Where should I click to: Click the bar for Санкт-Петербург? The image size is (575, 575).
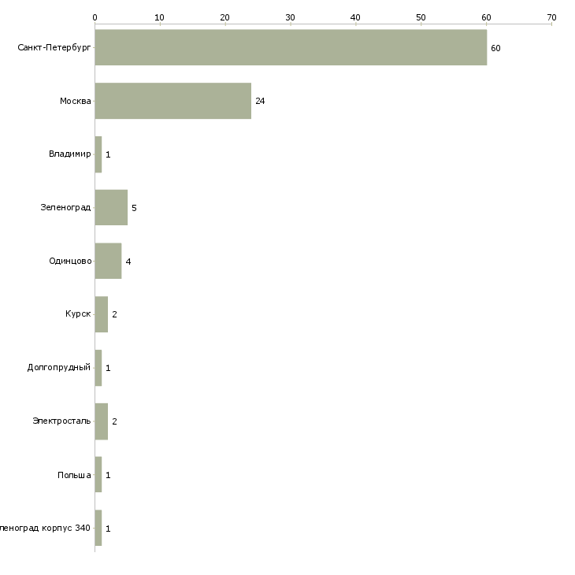(x=291, y=47)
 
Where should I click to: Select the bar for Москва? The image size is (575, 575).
(x=173, y=101)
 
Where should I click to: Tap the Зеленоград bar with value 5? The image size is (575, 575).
(x=111, y=208)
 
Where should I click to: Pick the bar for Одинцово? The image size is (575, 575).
(x=108, y=261)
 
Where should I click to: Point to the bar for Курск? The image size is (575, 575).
(x=102, y=314)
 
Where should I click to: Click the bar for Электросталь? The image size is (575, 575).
(x=102, y=421)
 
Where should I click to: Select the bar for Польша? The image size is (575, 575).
(x=98, y=474)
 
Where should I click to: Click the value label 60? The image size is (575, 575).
(x=495, y=48)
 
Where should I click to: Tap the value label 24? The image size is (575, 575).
(x=260, y=102)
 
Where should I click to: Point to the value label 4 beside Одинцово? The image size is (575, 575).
(x=128, y=262)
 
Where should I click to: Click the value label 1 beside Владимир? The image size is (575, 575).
(x=108, y=155)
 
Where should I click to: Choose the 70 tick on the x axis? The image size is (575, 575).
(x=551, y=17)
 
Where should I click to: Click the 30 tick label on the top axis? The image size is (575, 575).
(x=291, y=17)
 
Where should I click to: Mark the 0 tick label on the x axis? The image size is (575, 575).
(x=95, y=17)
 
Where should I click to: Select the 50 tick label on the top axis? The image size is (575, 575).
(x=421, y=17)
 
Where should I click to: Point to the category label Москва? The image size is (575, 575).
(x=75, y=102)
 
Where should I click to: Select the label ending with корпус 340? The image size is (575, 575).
(x=45, y=528)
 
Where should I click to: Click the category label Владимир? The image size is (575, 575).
(x=69, y=154)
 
